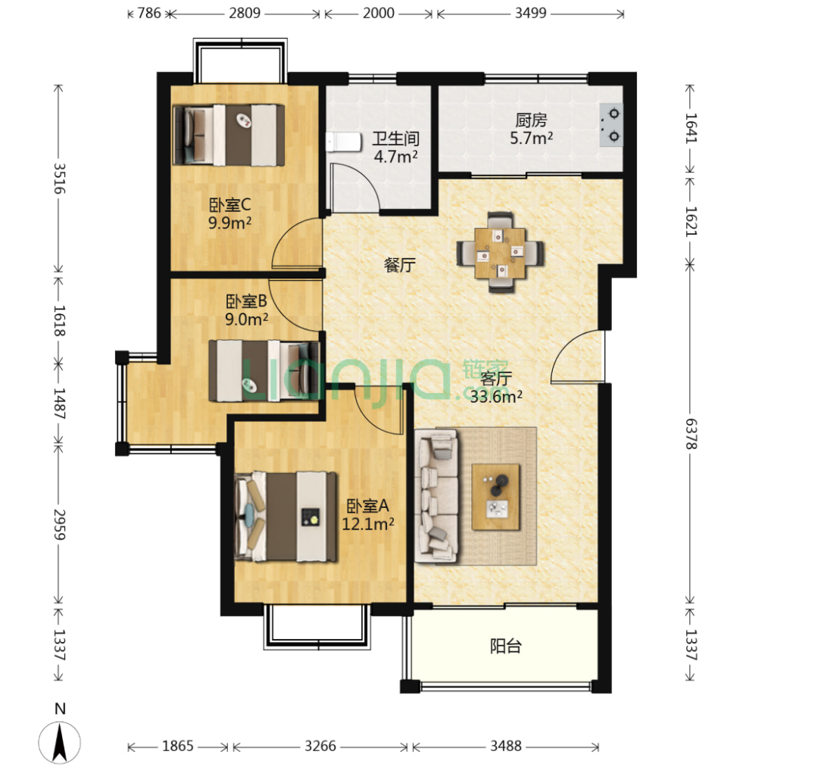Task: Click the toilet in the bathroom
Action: [343, 142]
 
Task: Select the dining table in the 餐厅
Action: [500, 253]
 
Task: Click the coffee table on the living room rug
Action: [496, 497]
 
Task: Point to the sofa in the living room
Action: [436, 496]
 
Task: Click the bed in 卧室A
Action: [286, 516]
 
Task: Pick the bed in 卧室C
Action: [229, 136]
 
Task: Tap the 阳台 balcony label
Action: [506, 646]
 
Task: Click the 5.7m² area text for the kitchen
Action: [531, 139]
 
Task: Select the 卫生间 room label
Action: [396, 139]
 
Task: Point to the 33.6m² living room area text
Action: [496, 397]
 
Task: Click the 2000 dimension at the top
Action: [378, 13]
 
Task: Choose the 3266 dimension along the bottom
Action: [320, 746]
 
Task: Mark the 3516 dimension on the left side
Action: [60, 179]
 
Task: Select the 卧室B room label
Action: [246, 301]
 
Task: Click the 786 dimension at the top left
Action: [149, 13]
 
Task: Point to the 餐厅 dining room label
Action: [400, 265]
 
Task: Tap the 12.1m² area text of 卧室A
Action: [367, 524]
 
